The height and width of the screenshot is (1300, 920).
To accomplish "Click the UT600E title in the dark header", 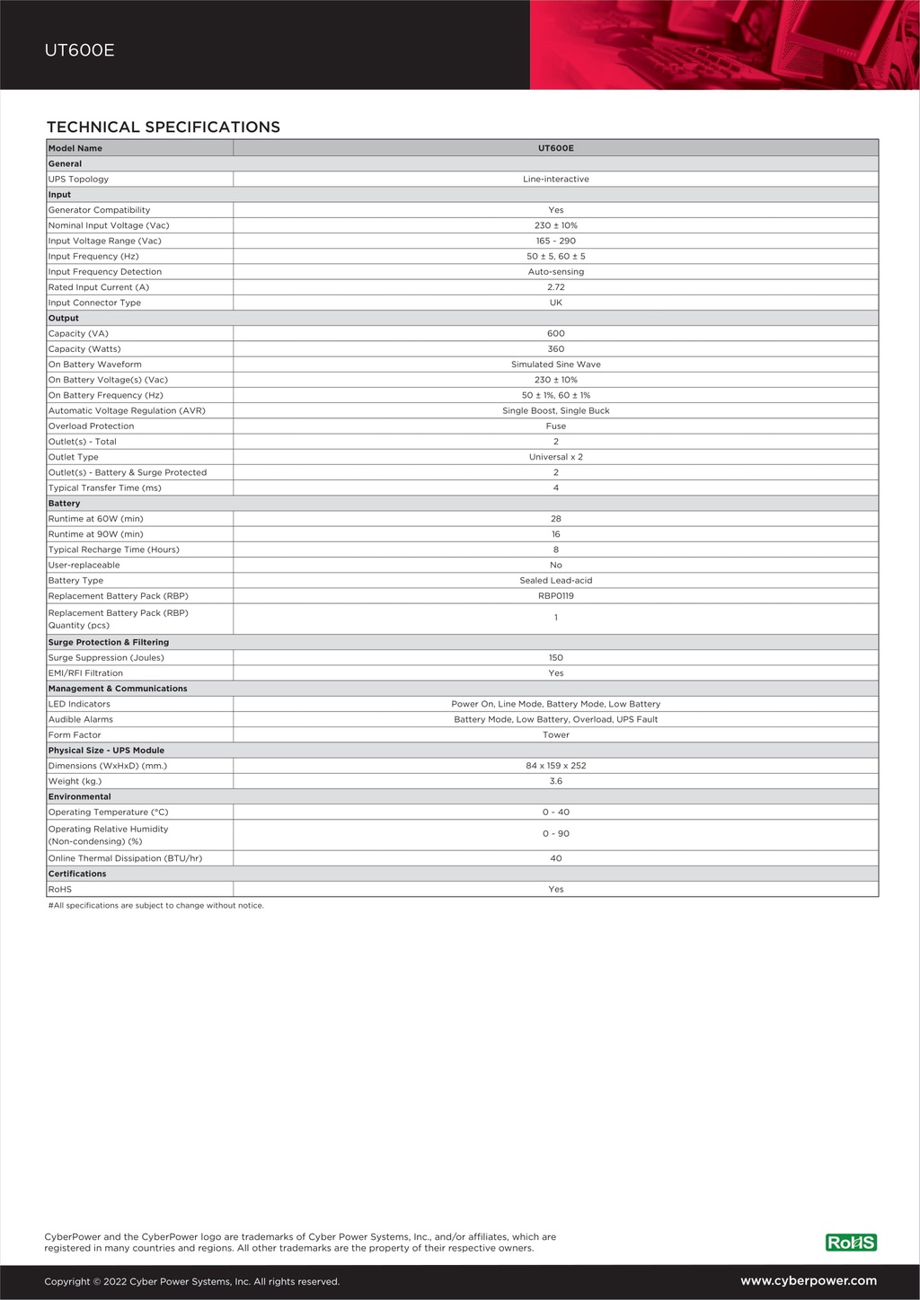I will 80,50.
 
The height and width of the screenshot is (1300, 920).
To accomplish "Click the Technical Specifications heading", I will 164,127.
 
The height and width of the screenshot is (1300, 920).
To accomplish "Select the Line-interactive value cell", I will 555,180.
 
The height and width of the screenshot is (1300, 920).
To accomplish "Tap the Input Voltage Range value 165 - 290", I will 555,241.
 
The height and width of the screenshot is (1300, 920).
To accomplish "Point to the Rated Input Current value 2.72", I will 555,287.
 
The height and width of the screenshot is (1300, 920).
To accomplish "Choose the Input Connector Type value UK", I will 555,303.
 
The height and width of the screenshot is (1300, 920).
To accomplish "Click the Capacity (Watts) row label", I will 84,349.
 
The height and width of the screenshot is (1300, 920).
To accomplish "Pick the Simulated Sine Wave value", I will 555,365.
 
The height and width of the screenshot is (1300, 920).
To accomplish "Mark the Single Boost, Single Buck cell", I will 555,411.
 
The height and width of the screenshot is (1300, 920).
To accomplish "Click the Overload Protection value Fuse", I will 555,426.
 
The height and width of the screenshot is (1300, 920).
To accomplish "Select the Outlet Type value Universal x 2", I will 555,457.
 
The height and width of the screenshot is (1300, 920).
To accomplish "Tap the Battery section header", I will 65,504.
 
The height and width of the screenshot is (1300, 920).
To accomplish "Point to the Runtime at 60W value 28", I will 555,519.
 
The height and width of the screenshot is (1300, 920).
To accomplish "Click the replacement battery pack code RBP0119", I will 555,596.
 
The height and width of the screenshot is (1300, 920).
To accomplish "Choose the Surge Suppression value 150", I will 555,658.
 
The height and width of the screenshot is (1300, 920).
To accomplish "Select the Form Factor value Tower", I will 555,735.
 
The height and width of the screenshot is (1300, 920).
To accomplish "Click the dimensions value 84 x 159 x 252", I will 555,766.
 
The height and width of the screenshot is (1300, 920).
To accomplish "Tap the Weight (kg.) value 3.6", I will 555,781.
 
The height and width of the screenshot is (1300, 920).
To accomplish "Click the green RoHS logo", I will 850,1243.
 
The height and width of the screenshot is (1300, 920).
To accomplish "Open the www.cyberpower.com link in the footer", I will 808,1281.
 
